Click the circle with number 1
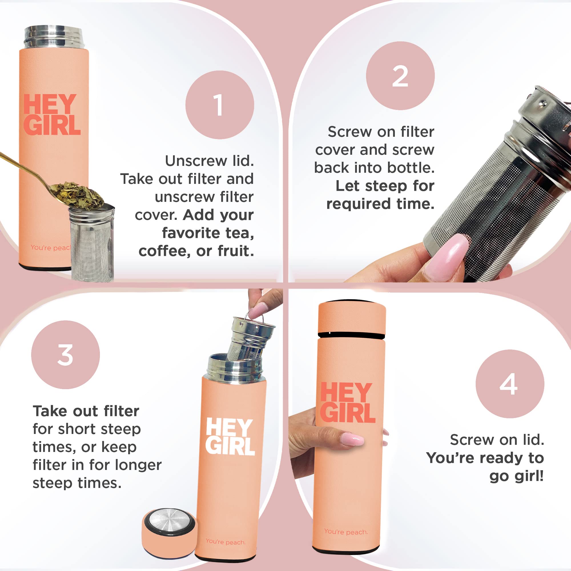click(x=220, y=104)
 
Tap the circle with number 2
click(x=400, y=76)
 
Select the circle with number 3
click(x=65, y=355)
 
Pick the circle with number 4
click(x=510, y=384)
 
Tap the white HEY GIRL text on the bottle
click(x=230, y=436)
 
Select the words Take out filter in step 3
click(x=86, y=411)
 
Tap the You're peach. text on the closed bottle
click(x=346, y=532)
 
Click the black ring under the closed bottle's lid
click(x=351, y=335)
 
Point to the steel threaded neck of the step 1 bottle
click(x=53, y=37)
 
